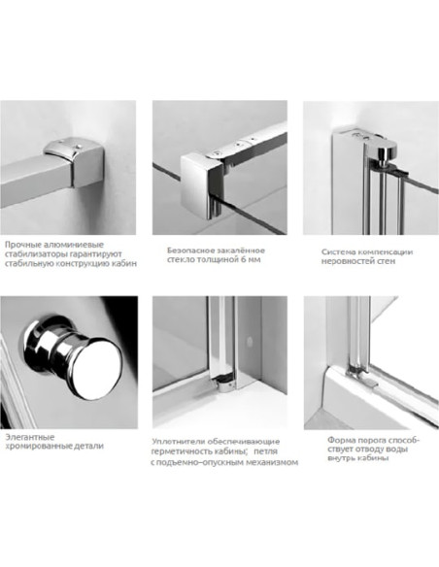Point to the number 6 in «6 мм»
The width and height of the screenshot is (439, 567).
click(x=243, y=259)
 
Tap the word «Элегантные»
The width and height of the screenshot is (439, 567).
click(x=30, y=437)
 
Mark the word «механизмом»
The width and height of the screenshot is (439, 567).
click(x=272, y=462)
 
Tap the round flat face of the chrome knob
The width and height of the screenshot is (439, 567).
click(x=98, y=366)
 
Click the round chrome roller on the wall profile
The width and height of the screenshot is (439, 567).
click(x=387, y=153)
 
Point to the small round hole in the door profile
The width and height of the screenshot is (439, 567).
click(x=249, y=340)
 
